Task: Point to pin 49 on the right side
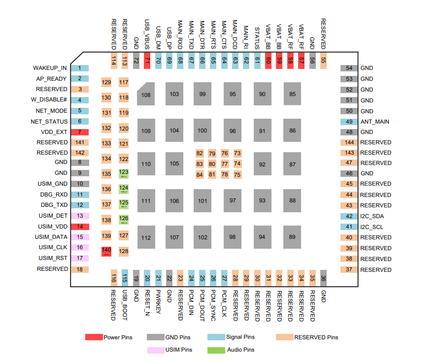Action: [x=349, y=122]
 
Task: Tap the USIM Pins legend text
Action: [x=178, y=350]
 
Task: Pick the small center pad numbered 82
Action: [x=200, y=154]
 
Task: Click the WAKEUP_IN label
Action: [x=50, y=68]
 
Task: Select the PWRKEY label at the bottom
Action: [x=158, y=301]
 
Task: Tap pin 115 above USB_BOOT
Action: [x=125, y=278]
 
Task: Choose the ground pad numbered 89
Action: [x=293, y=237]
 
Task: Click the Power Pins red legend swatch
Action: [x=94, y=337]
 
